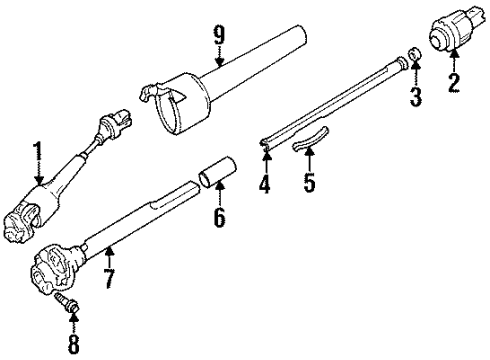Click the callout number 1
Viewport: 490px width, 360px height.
click(37, 152)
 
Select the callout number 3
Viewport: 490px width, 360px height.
click(416, 96)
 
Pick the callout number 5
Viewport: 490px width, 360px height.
click(309, 183)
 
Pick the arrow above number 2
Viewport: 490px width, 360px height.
click(453, 62)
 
